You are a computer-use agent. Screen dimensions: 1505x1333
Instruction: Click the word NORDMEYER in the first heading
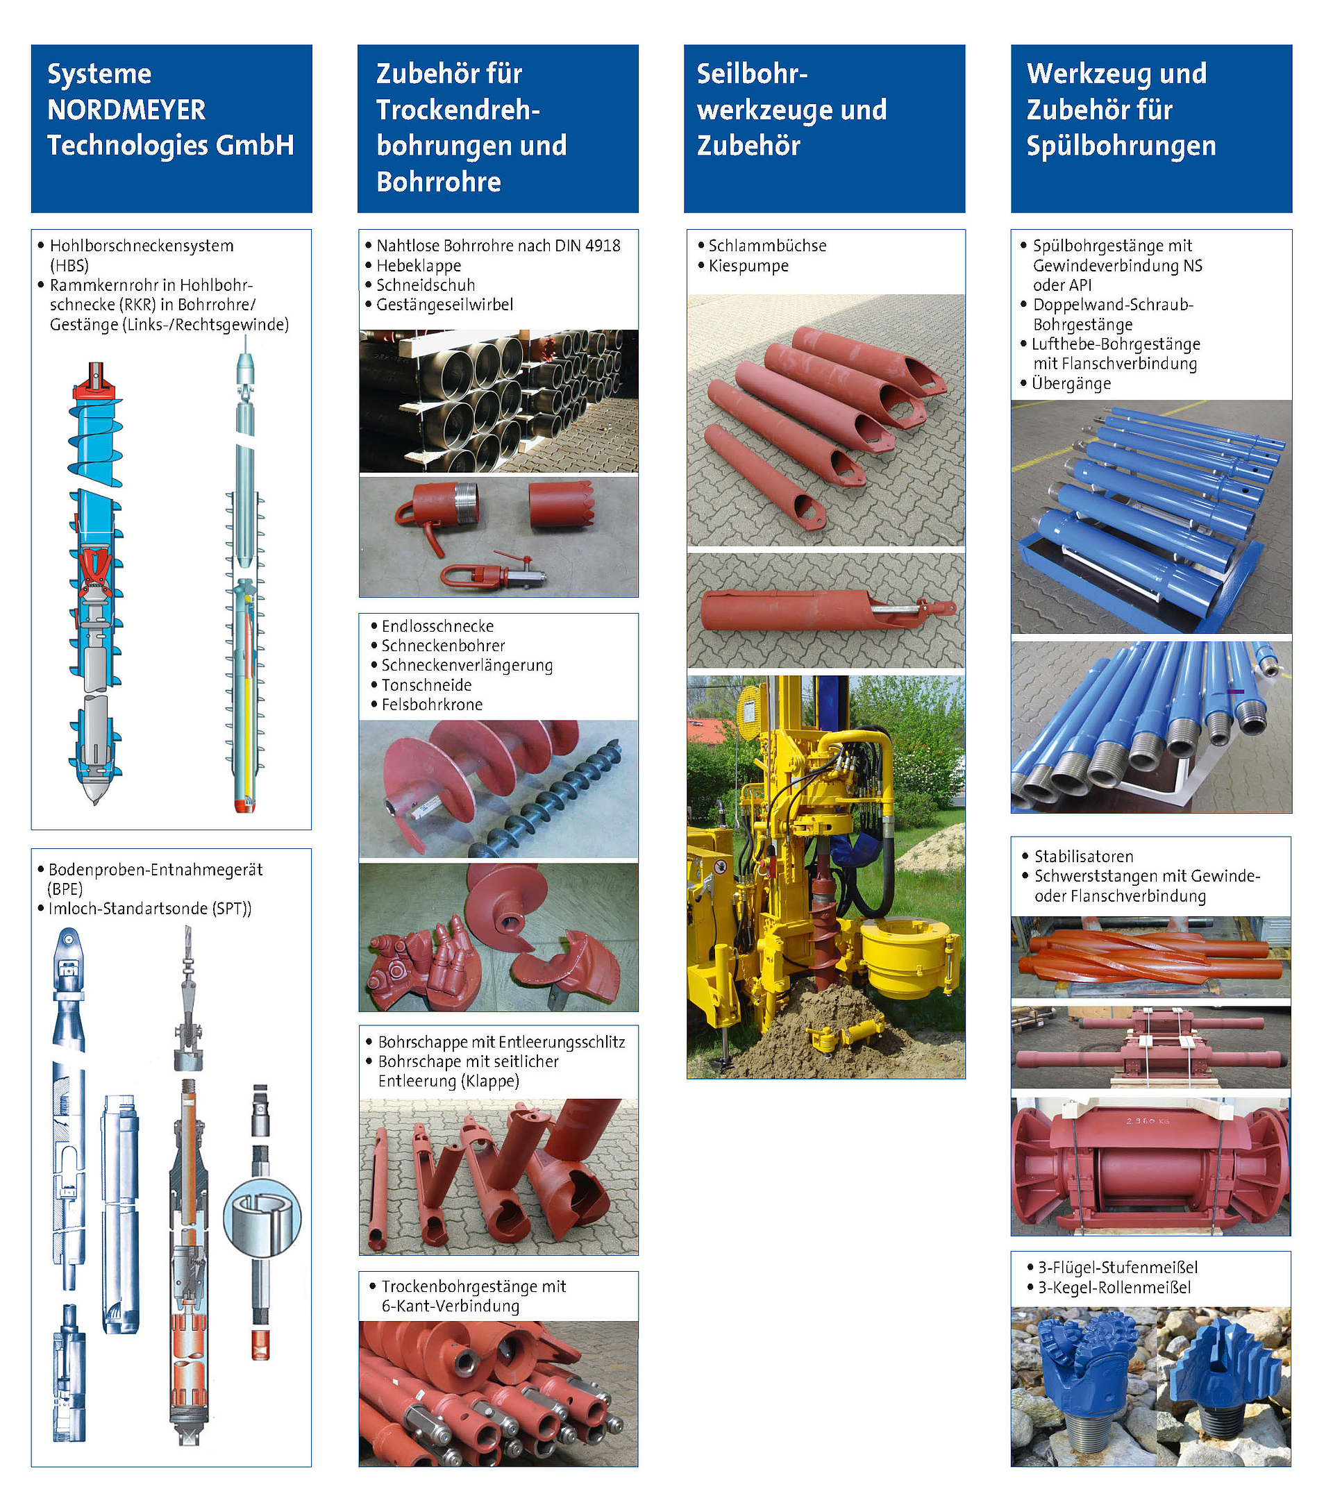126,110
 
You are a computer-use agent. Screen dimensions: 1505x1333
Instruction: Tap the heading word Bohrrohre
438,181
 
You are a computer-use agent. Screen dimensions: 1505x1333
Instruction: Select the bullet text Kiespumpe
748,266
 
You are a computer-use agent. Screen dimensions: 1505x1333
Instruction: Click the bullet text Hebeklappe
419,266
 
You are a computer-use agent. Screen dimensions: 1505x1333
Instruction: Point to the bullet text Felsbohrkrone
432,705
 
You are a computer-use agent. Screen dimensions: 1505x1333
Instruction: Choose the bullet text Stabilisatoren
1083,857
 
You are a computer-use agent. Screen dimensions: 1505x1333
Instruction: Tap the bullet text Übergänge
1071,384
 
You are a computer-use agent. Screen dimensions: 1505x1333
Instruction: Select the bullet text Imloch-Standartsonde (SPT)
149,909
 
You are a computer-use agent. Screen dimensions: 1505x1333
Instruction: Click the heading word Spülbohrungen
1121,146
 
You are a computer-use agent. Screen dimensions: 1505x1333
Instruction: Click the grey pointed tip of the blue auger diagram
95,791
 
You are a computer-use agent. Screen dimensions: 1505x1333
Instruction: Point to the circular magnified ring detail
262,1218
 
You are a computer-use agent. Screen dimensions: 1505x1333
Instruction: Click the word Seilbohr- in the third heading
752,74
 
